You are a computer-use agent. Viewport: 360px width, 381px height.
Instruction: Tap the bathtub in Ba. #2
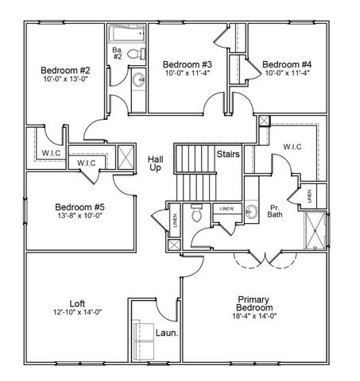pos(128,35)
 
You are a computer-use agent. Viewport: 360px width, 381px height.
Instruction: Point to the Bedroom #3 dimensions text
pos(186,74)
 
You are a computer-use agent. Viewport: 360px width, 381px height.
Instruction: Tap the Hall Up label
pos(156,164)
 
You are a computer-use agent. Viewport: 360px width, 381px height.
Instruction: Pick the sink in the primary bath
pos(251,212)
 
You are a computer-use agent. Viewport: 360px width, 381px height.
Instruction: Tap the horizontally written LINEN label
pos(226,208)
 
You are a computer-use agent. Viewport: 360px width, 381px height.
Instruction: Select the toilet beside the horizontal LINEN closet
pos(195,214)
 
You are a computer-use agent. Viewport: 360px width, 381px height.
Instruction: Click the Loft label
pos(78,302)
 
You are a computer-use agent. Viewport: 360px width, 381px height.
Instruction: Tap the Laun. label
pos(165,333)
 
